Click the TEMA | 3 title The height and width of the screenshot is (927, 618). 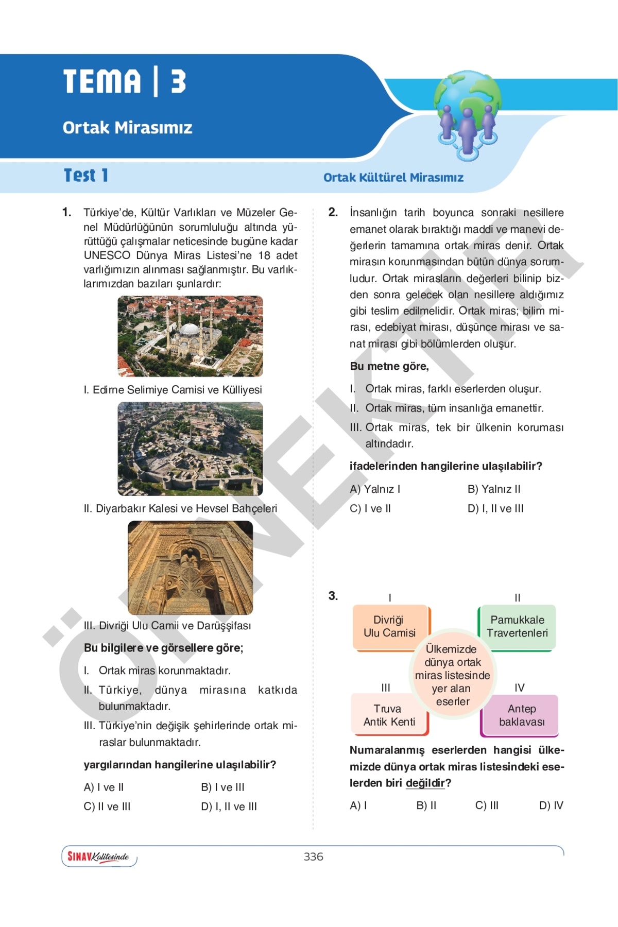pos(125,82)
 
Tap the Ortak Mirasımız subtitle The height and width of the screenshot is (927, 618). pos(127,127)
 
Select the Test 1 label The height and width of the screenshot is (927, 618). pos(86,176)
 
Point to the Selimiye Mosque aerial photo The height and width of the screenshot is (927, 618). pos(190,336)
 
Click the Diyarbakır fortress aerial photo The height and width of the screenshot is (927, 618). pos(190,449)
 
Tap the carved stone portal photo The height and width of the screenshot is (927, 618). pos(190,568)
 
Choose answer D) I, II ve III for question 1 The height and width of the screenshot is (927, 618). pos(229,806)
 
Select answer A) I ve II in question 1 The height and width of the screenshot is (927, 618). pos(104,787)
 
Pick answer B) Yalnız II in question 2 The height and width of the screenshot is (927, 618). pos(494,489)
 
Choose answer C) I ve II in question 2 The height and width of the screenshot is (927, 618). pos(370,508)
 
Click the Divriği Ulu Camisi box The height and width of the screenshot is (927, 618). pos(390,627)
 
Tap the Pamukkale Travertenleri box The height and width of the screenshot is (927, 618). pos(517,627)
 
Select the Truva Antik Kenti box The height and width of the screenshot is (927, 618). pos(389,715)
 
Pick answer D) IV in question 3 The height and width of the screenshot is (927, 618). pos(551,805)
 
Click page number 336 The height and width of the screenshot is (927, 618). pos(313,856)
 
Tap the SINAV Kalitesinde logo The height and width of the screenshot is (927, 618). pos(99,856)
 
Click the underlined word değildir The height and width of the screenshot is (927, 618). pos(425,783)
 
